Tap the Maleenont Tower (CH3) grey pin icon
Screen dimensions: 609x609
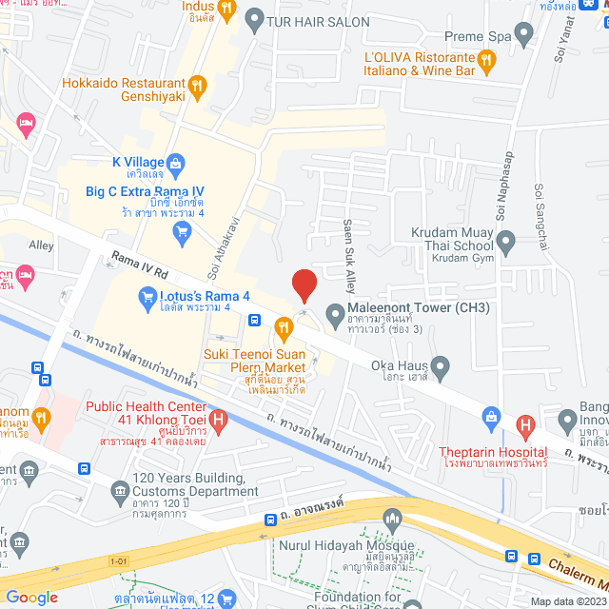(x=334, y=313)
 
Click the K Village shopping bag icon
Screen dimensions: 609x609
(x=175, y=162)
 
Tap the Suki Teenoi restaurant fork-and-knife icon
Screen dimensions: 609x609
(x=283, y=329)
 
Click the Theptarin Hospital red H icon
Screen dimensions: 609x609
(x=522, y=423)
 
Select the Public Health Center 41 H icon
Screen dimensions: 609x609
(x=220, y=417)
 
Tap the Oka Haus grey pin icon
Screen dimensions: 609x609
(x=439, y=364)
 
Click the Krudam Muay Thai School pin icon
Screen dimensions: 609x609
(x=506, y=240)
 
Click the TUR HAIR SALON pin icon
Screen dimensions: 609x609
(x=253, y=19)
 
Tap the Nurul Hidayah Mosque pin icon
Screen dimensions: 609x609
(x=391, y=519)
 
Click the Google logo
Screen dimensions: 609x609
(x=32, y=597)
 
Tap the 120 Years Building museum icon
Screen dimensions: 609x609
(x=120, y=490)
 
